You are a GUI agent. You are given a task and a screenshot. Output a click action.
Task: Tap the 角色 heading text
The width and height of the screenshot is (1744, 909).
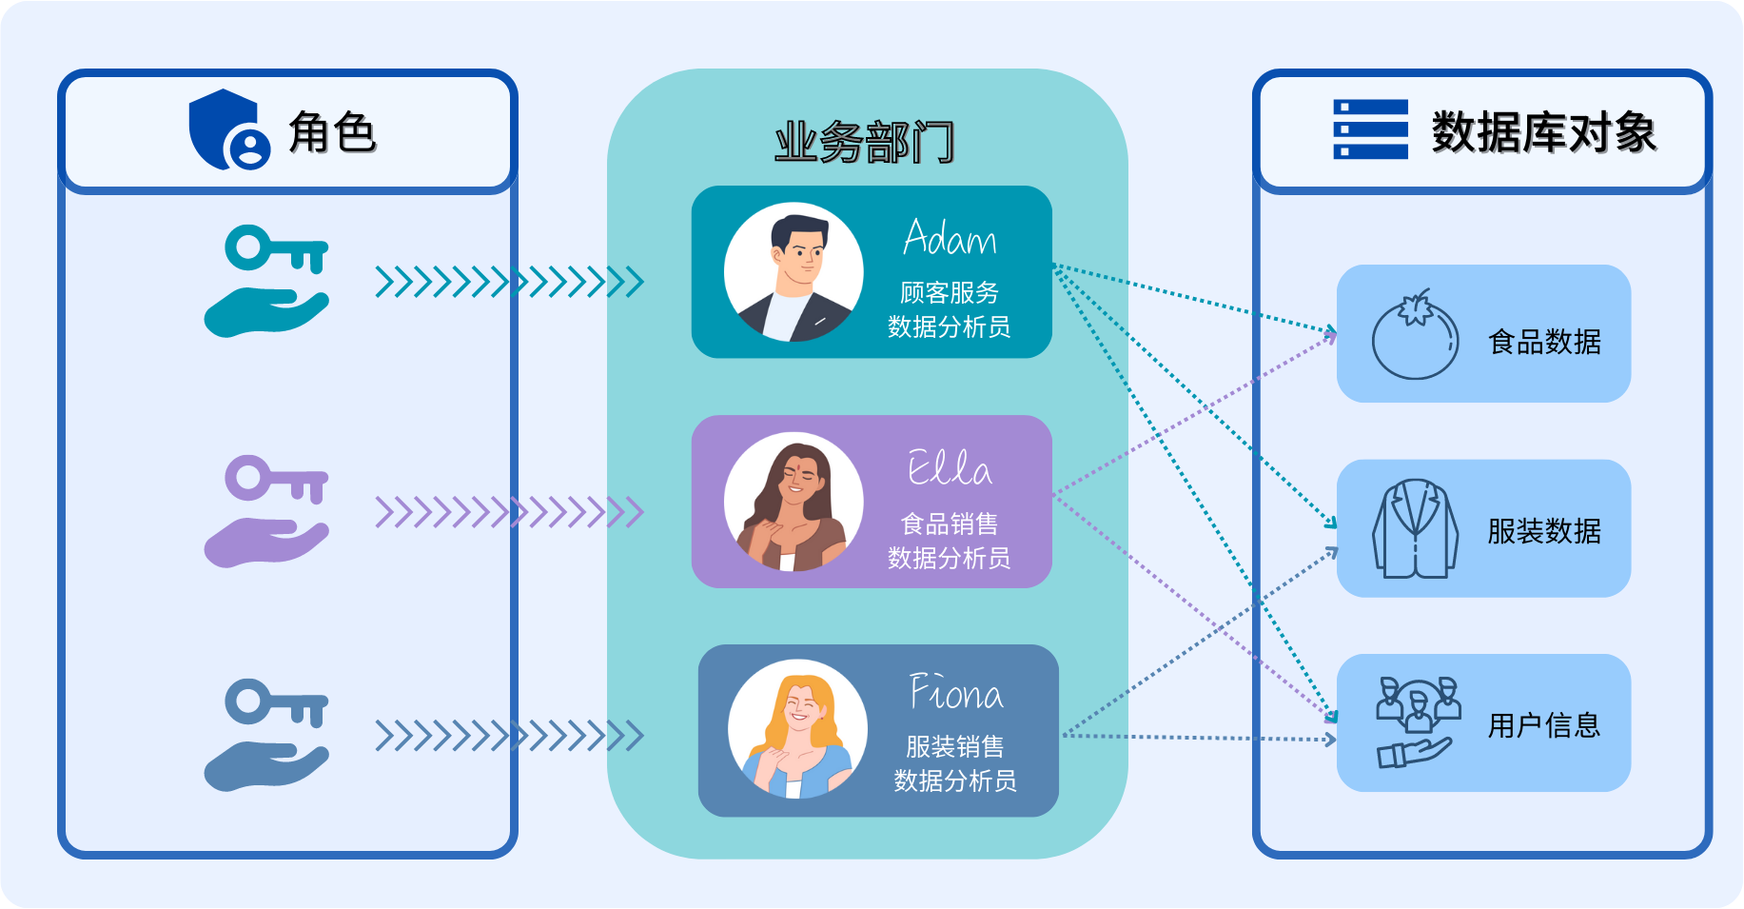(333, 132)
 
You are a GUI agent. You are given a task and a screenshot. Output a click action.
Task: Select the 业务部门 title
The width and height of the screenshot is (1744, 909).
(865, 143)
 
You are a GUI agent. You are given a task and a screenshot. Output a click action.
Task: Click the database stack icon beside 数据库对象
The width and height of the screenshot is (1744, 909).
(1370, 129)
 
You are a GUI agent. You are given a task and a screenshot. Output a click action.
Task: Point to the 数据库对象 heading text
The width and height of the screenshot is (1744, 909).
(1544, 132)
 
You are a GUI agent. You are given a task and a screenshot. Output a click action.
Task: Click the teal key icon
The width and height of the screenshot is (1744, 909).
(277, 248)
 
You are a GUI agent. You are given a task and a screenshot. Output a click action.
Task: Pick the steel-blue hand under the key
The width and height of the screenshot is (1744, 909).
(266, 766)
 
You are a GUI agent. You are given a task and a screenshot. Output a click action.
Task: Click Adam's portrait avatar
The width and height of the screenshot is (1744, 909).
(794, 271)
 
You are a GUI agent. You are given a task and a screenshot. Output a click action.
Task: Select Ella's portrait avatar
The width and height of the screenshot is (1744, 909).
(794, 502)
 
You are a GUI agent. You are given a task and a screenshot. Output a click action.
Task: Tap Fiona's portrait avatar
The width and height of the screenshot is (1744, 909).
(798, 729)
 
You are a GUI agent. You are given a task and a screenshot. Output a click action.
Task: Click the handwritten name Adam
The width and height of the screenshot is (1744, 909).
(950, 237)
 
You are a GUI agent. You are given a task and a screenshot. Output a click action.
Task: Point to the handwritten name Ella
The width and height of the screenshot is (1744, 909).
(950, 467)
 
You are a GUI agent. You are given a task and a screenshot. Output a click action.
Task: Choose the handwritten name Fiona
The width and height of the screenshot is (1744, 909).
(956, 692)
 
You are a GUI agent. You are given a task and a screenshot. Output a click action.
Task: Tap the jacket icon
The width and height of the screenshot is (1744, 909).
(1415, 528)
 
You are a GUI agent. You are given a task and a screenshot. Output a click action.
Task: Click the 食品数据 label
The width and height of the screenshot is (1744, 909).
(1544, 342)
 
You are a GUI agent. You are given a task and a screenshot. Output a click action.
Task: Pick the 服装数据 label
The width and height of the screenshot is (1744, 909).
(1544, 531)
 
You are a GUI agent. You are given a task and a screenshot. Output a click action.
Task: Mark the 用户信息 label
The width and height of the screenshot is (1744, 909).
(1544, 725)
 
